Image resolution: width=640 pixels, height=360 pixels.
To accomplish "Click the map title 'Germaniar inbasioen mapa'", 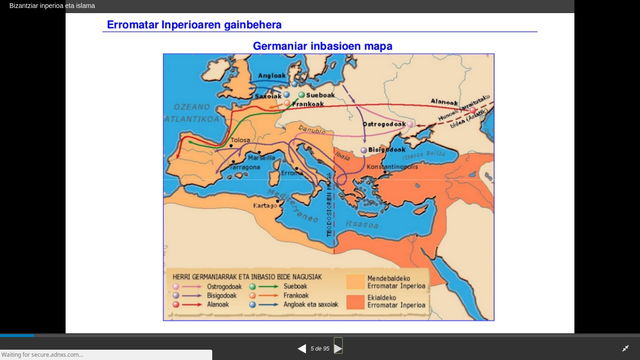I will tap(322, 46).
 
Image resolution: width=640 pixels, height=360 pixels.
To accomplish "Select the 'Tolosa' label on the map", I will tap(240, 141).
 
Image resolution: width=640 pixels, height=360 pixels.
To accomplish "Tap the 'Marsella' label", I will tap(265, 158).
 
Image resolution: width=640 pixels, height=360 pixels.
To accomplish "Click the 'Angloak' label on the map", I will tap(272, 76).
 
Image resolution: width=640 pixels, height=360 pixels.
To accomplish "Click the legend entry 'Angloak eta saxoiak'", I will tap(299, 307).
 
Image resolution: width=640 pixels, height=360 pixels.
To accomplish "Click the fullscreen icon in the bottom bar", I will tap(625, 348).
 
